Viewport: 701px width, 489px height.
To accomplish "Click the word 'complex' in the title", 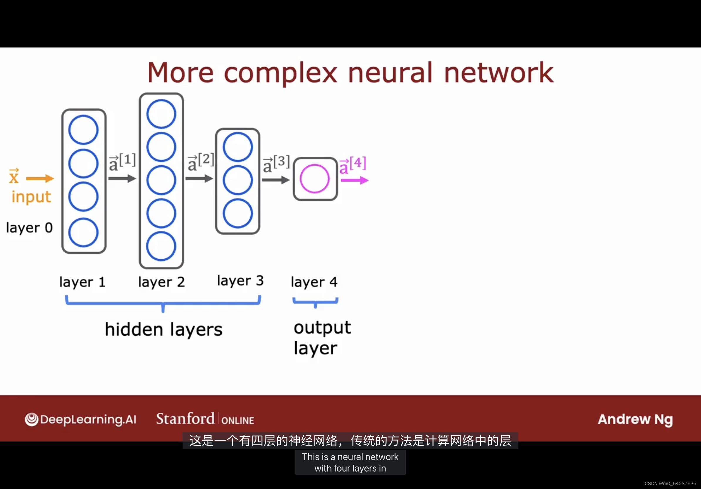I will [x=280, y=73].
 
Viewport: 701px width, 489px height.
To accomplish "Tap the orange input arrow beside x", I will [x=40, y=178].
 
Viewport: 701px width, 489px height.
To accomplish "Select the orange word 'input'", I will [x=31, y=197].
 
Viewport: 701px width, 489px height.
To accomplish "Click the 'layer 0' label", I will [x=29, y=228].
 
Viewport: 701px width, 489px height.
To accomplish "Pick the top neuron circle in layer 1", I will [x=83, y=130].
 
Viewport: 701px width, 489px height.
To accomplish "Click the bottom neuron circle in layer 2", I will [x=161, y=246].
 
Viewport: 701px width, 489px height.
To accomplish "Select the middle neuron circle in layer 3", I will [x=237, y=180].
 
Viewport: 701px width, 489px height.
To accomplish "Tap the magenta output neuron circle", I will [x=314, y=179].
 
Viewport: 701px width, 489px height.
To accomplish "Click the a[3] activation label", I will [x=276, y=164].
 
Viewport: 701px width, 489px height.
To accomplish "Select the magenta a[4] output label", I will [x=353, y=165].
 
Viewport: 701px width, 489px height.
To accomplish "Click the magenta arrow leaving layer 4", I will [x=355, y=181].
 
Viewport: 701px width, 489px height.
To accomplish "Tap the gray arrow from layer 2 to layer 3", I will [x=199, y=178].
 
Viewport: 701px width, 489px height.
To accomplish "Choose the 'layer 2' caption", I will [x=161, y=282].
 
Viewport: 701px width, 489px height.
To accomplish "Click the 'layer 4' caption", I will [x=314, y=282].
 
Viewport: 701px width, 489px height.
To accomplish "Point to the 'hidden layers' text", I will [x=164, y=330].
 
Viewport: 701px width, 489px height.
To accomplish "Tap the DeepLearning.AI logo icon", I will [x=31, y=420].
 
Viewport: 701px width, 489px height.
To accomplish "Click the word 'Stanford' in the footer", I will [x=185, y=419].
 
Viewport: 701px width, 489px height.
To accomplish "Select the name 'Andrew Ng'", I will [x=635, y=420].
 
